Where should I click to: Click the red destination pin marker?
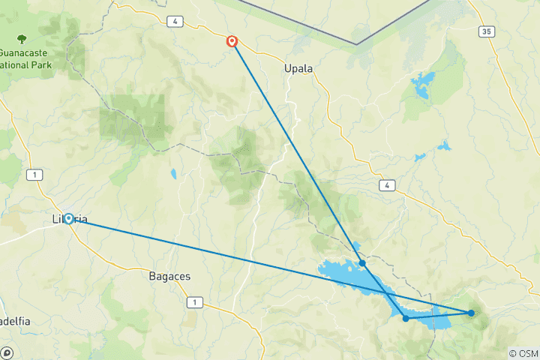[x=232, y=42]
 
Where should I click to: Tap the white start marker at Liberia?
[x=68, y=219]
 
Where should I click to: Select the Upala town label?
[x=298, y=68]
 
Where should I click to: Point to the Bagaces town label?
[x=169, y=276]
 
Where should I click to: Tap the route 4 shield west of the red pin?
[x=175, y=22]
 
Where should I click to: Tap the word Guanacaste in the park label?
[x=27, y=52]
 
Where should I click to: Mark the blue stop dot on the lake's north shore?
[x=362, y=263]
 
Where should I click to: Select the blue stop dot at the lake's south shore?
[x=406, y=319]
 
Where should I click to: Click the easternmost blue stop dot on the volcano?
[x=471, y=313]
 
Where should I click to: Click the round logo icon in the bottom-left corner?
[x=7, y=352]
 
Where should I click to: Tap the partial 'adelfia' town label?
[x=15, y=321]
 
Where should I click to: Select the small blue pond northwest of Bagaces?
[x=173, y=174]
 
